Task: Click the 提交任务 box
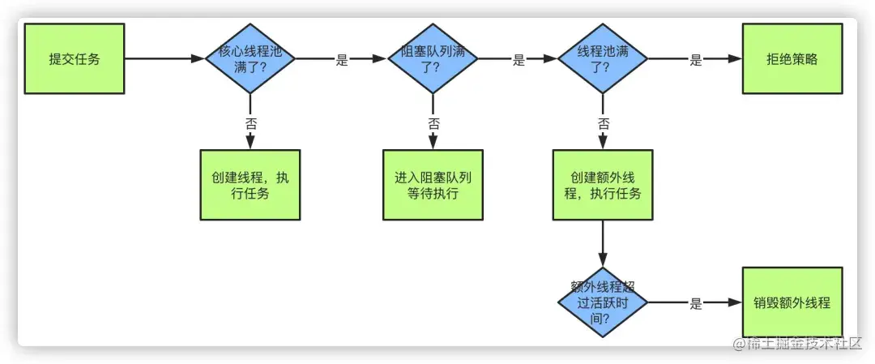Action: point(75,58)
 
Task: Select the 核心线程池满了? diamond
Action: point(250,58)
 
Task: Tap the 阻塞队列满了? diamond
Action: point(433,58)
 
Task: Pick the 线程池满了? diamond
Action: point(603,58)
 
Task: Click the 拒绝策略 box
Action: point(792,58)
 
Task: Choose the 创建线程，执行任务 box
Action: point(250,185)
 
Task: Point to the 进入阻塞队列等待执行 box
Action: point(433,185)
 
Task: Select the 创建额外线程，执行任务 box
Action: point(603,185)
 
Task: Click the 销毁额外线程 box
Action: point(792,302)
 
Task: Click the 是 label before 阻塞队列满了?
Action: point(341,59)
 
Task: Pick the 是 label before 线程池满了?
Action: point(519,59)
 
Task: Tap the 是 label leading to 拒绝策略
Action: point(695,59)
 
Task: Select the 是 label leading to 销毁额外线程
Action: point(695,304)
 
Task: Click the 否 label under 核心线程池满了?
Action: point(250,123)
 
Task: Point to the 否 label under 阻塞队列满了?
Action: point(433,123)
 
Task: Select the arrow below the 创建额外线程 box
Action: point(603,243)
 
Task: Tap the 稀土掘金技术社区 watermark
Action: point(797,344)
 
